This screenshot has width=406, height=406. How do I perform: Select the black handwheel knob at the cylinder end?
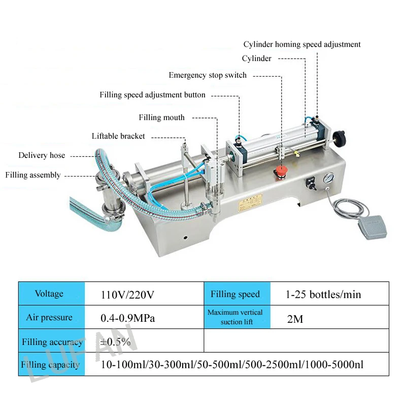point(339,137)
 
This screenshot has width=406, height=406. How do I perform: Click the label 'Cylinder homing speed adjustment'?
point(302,45)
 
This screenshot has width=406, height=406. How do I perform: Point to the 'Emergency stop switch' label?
point(208,75)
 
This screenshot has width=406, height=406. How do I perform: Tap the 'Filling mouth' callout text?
point(162,118)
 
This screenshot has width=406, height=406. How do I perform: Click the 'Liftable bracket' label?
point(118,136)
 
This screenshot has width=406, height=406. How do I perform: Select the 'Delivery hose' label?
point(42,155)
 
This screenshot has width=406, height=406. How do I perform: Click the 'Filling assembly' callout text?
point(33,175)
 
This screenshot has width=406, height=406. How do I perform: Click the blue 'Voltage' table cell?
point(50,294)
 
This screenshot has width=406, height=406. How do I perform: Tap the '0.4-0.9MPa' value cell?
point(127,318)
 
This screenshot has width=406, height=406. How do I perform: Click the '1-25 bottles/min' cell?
point(323,294)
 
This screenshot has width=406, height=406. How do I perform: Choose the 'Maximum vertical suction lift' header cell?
point(235,317)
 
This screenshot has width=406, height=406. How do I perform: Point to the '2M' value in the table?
point(295,319)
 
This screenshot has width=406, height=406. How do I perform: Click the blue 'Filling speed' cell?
point(235,294)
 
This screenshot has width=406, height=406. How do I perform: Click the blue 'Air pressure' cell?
point(50,318)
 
